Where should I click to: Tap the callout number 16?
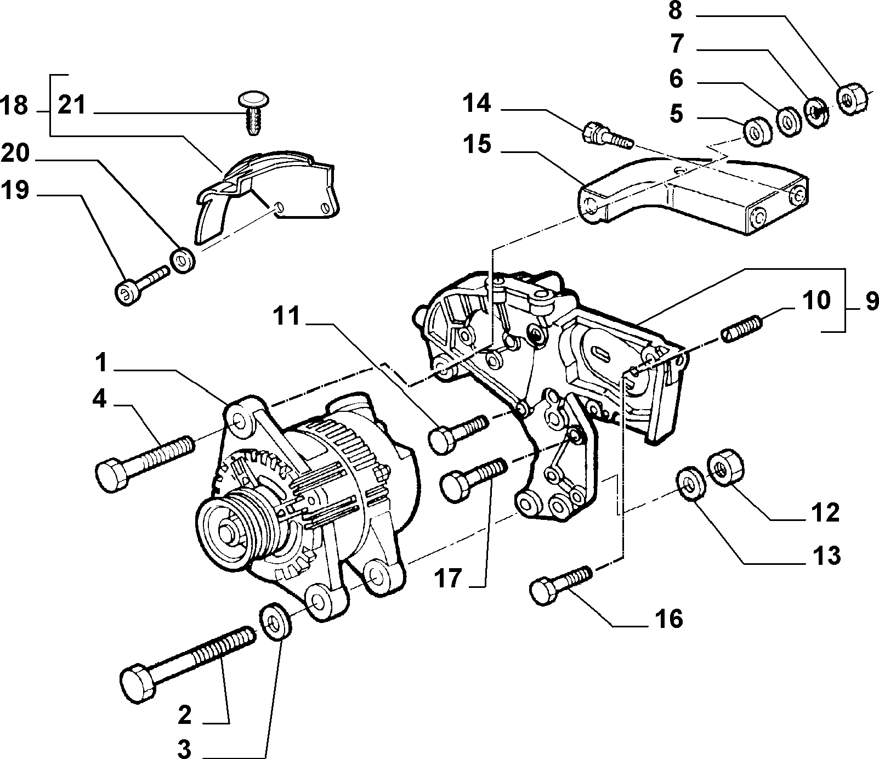tap(668, 619)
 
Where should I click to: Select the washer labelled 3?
tap(274, 621)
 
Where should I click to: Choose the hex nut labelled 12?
tap(727, 467)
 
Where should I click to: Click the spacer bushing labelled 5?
tap(757, 132)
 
